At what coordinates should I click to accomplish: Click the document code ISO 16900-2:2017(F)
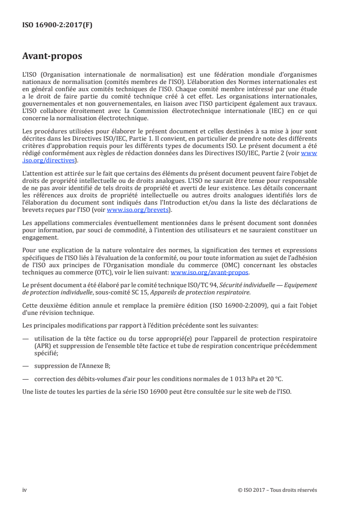pyautogui.click(x=57, y=25)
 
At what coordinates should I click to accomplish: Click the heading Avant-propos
pyautogui.click(x=52, y=57)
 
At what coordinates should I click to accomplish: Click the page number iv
pyautogui.click(x=25, y=490)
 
